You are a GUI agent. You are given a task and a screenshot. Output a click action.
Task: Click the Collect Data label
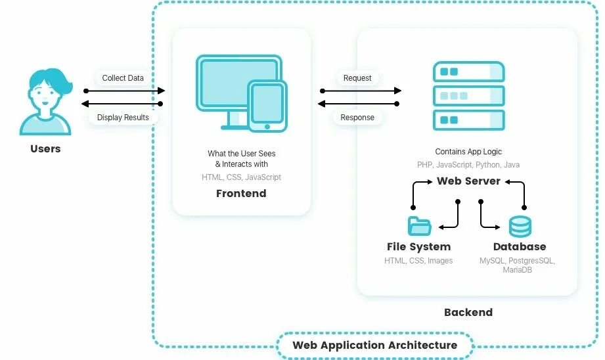123,78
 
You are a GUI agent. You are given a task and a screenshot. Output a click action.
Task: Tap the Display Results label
123,118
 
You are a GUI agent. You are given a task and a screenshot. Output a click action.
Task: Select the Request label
357,78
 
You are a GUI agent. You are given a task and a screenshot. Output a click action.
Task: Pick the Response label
357,118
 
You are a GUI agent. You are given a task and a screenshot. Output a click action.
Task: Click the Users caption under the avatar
45,149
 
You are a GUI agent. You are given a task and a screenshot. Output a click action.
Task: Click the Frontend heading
241,194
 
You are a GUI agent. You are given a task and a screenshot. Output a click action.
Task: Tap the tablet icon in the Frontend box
267,105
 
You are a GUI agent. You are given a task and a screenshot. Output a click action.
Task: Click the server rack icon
468,96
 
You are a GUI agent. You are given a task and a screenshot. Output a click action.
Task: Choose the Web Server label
468,181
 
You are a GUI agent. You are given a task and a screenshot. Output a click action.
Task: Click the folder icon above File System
419,226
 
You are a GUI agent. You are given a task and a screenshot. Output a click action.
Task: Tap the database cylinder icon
520,227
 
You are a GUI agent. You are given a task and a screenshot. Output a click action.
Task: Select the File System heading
419,247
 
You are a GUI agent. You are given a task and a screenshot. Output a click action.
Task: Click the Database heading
520,247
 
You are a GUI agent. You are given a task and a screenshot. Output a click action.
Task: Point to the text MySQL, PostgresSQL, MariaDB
518,265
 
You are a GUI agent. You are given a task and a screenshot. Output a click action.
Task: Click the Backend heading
468,312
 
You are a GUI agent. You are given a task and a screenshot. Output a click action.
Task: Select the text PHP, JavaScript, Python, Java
468,165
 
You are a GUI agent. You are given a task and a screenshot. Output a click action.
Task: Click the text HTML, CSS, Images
419,261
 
